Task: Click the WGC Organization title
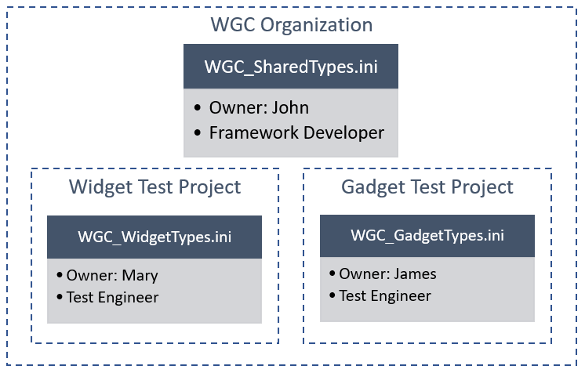pos(291,24)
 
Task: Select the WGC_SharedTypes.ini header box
pos(291,67)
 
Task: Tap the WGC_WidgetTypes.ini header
pos(154,237)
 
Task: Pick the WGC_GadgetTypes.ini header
pos(427,235)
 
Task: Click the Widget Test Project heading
pos(154,187)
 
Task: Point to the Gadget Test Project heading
pos(427,187)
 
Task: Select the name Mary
pos(142,275)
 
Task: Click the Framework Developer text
pos(296,132)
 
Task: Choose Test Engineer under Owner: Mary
pos(112,297)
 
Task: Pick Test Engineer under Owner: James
pos(385,295)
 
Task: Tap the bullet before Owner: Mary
pos(60,276)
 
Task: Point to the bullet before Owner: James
pos(332,274)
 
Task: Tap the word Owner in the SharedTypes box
pos(233,107)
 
